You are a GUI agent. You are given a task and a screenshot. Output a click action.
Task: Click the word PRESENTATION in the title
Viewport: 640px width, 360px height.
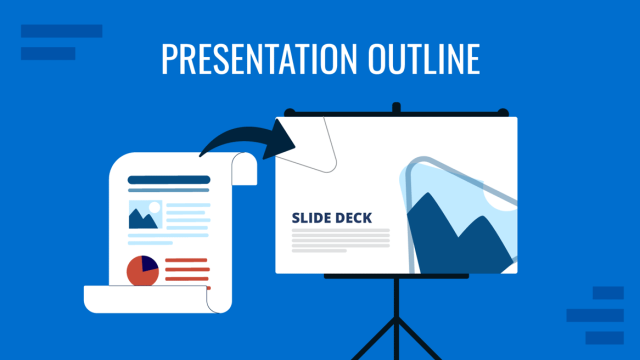pyautogui.click(x=251, y=59)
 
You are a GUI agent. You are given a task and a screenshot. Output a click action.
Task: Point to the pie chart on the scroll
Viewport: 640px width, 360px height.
pyautogui.click(x=142, y=270)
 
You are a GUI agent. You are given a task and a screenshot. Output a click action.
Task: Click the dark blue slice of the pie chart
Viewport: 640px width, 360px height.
pyautogui.click(x=149, y=264)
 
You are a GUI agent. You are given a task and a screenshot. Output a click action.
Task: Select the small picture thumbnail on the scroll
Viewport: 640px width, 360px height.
pyautogui.click(x=145, y=215)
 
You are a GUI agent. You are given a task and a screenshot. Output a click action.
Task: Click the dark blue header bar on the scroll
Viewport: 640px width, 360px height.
pyautogui.click(x=169, y=181)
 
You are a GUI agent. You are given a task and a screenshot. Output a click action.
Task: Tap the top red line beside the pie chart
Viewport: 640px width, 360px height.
pyautogui.click(x=187, y=261)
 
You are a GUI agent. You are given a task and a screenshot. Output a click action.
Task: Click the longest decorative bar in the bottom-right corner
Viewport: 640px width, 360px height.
pyautogui.click(x=595, y=315)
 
